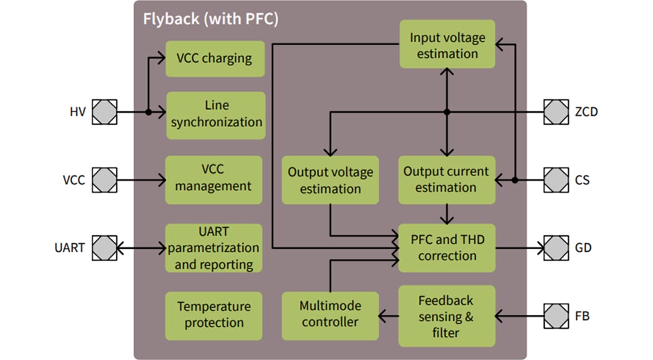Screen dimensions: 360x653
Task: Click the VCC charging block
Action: pos(215,59)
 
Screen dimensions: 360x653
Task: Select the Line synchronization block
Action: pos(216,114)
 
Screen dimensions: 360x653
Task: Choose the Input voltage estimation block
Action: pos(447,45)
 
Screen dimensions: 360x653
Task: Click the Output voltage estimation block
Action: pos(330,180)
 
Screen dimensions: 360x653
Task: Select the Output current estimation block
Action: pos(446,180)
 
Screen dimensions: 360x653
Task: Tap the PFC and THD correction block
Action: pos(447,248)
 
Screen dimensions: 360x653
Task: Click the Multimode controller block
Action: pos(330,315)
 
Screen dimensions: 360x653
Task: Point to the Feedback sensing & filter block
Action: pos(446,315)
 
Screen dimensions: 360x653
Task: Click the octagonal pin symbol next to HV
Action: pos(104,112)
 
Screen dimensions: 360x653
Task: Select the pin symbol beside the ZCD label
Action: pos(556,112)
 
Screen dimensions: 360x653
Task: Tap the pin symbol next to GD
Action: pos(556,248)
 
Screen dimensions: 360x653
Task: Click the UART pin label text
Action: pos(70,248)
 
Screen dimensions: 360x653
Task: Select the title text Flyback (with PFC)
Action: pos(210,19)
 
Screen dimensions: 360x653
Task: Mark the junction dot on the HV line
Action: pos(148,112)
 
